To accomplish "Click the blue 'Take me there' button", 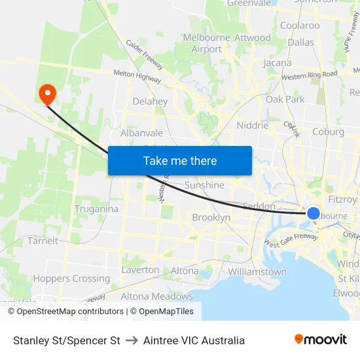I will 180,160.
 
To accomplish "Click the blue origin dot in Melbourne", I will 314,213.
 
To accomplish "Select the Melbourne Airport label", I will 207,43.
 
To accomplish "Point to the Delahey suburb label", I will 150,101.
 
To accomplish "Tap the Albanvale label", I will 141,133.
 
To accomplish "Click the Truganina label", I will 96,209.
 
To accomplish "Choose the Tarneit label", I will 43,240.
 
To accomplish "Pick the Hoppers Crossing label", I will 71,278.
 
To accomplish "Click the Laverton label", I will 140,270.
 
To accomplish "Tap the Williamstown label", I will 257,272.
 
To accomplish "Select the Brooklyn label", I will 211,217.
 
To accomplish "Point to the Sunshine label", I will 204,185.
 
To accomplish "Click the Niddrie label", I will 253,125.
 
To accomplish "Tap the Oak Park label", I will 285,99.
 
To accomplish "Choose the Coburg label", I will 328,132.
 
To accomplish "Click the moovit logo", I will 321,340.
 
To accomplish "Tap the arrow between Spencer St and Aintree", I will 132,340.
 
